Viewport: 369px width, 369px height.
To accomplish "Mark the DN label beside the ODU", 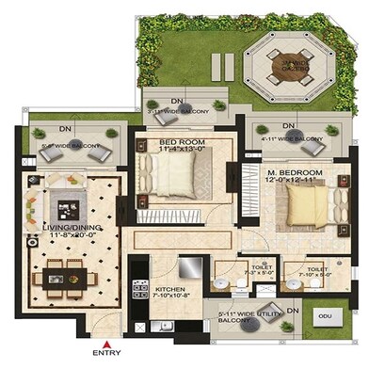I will coord(293,310).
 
